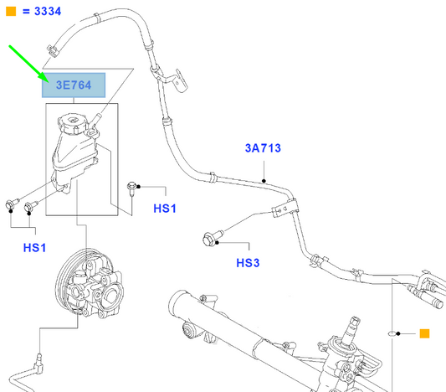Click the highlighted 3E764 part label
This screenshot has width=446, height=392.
click(x=74, y=85)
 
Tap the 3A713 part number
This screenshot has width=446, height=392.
click(x=262, y=149)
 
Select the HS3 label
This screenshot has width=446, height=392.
click(x=249, y=263)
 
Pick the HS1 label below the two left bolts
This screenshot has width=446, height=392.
click(x=34, y=248)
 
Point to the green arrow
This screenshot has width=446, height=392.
click(x=28, y=64)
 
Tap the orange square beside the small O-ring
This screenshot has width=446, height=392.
click(x=424, y=334)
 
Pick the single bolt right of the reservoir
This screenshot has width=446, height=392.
click(x=132, y=187)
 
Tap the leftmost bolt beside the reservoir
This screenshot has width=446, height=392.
click(x=12, y=202)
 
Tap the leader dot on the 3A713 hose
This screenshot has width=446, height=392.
click(x=264, y=180)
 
